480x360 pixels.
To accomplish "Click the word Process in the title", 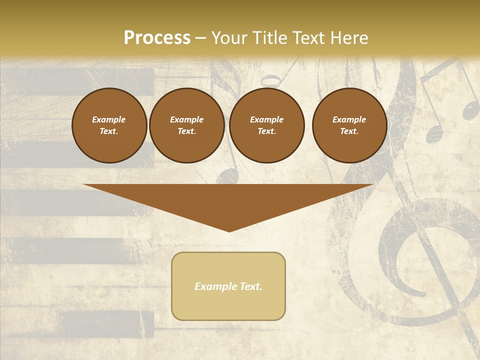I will tap(157, 38).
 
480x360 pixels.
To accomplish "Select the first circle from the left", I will tap(109, 125).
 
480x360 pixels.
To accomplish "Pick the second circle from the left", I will tap(186, 125).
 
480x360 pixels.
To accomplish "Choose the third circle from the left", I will tap(266, 125).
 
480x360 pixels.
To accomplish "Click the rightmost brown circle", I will tap(349, 125).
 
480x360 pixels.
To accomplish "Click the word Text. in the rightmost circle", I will tap(349, 131).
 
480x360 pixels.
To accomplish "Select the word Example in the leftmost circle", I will tap(109, 119).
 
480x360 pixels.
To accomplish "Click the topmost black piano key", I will tap(80, 82).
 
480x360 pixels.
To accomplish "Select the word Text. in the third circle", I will tap(266, 131).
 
